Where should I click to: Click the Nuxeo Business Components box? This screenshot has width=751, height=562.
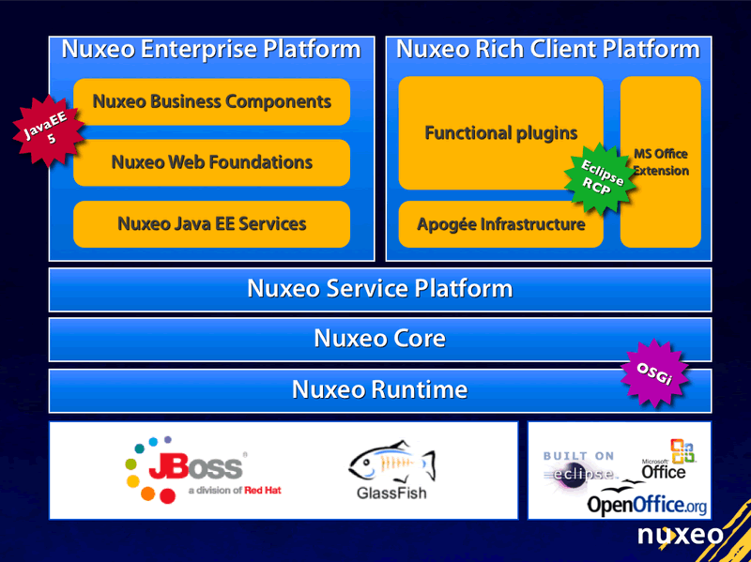coord(211,101)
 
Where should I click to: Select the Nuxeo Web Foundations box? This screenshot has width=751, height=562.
coord(211,162)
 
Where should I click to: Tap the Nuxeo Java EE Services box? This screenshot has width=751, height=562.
coord(211,224)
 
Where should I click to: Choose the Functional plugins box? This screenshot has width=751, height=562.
coord(500,133)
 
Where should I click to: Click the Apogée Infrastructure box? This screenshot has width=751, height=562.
coord(500,225)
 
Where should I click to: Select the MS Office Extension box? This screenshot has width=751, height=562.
coord(661,161)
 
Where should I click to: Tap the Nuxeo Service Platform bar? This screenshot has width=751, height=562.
coord(379,289)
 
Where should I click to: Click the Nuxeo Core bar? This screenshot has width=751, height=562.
coord(379,339)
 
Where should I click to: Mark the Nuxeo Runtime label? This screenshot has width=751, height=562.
coord(379,389)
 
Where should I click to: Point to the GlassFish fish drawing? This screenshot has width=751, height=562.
coord(391,463)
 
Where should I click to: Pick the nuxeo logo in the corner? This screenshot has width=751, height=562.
coord(681,535)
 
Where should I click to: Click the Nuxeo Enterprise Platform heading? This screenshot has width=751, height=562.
coord(211,50)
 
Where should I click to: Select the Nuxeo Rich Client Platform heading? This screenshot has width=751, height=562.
coord(548,50)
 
